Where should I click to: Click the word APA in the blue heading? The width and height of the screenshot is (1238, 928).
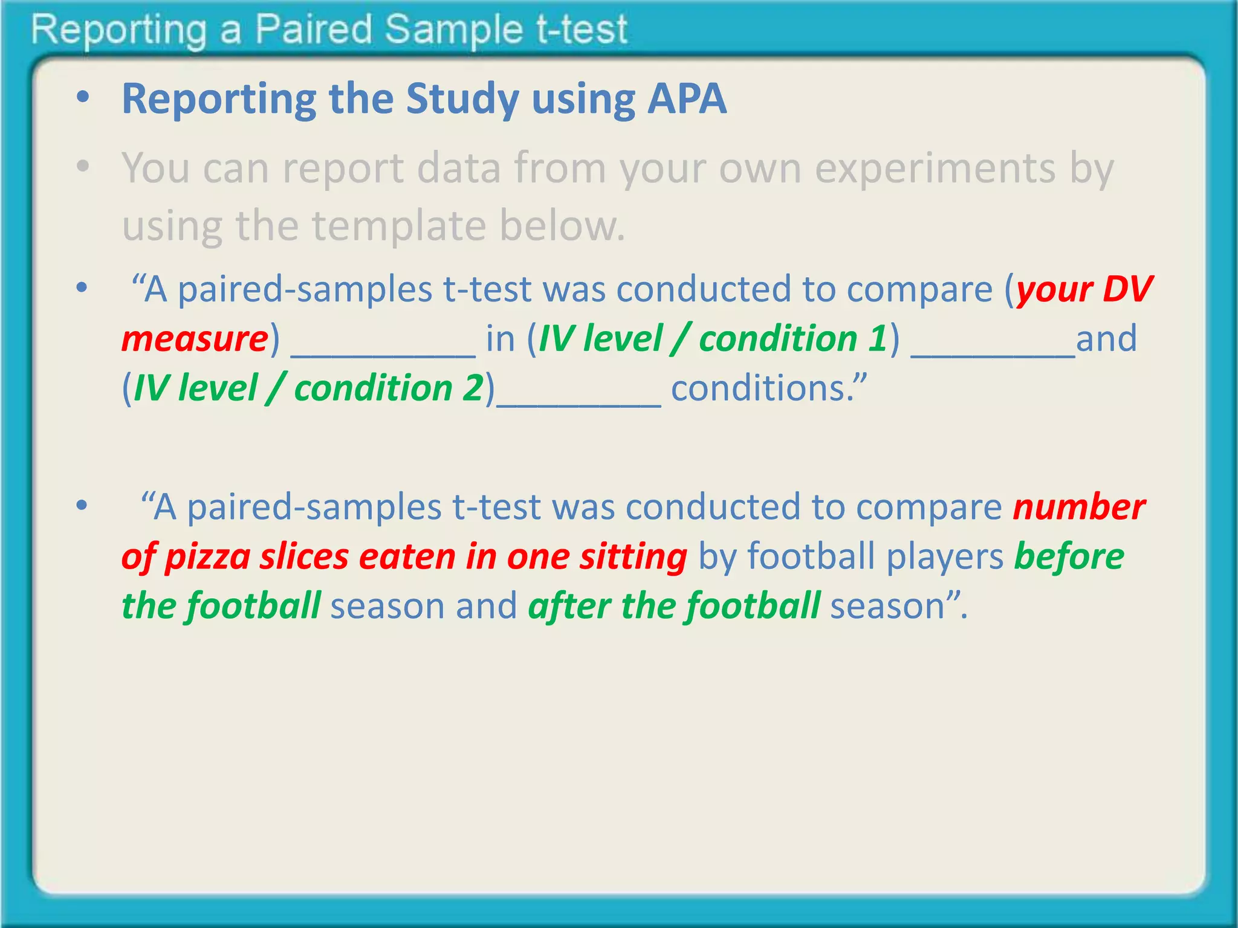pyautogui.click(x=687, y=99)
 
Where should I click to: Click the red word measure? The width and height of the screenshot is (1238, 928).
pyautogui.click(x=195, y=339)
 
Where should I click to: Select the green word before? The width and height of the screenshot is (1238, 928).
pyautogui.click(x=1069, y=556)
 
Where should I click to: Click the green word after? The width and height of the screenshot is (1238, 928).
pyautogui.click(x=569, y=606)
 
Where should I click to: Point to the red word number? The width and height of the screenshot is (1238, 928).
pyautogui.click(x=1078, y=507)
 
